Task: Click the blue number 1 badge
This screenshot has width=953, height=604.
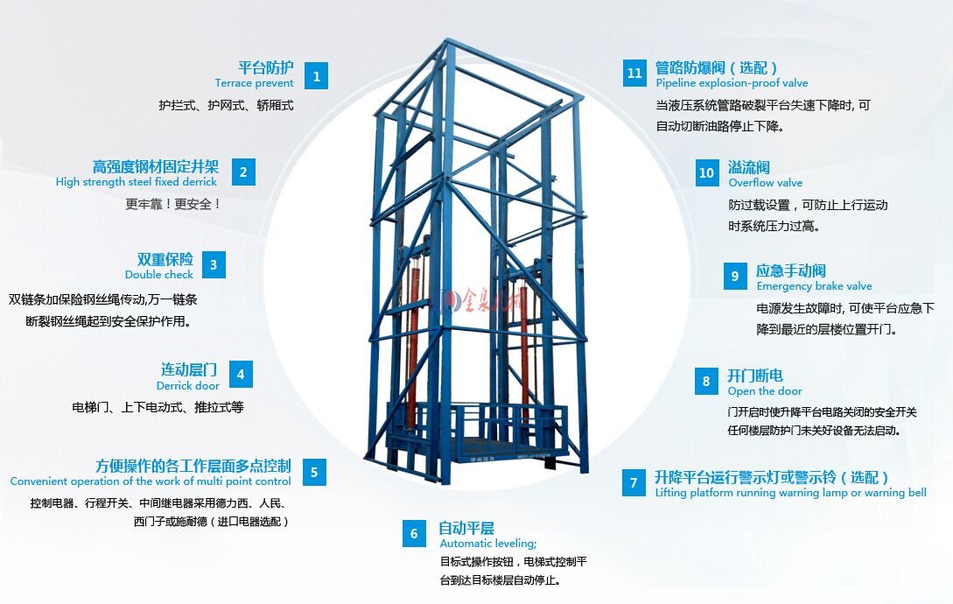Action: tap(316, 76)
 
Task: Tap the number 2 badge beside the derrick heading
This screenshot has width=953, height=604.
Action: tap(243, 172)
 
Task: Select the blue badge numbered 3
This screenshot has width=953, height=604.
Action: tap(214, 265)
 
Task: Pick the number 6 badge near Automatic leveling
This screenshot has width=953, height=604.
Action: tap(414, 533)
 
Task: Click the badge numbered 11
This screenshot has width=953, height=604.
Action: tap(634, 73)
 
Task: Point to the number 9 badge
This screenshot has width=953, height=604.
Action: tap(735, 276)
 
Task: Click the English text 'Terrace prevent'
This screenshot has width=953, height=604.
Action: tap(254, 83)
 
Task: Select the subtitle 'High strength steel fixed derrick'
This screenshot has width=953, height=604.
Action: tap(137, 182)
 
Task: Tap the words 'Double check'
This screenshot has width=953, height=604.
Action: tap(158, 274)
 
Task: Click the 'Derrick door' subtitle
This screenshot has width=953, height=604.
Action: tap(188, 386)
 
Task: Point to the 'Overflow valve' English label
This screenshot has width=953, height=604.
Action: tap(765, 182)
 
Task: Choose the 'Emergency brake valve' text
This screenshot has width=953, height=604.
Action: tap(814, 286)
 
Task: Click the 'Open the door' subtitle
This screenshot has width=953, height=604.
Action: tap(765, 391)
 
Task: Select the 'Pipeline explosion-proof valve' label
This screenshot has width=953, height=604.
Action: tap(732, 83)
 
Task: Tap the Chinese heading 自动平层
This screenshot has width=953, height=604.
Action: tap(466, 527)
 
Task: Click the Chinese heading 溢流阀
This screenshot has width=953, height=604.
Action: tap(749, 166)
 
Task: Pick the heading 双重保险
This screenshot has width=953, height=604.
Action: tap(165, 259)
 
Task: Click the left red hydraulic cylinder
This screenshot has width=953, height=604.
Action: tap(415, 341)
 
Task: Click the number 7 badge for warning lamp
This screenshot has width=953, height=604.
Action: tap(634, 482)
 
